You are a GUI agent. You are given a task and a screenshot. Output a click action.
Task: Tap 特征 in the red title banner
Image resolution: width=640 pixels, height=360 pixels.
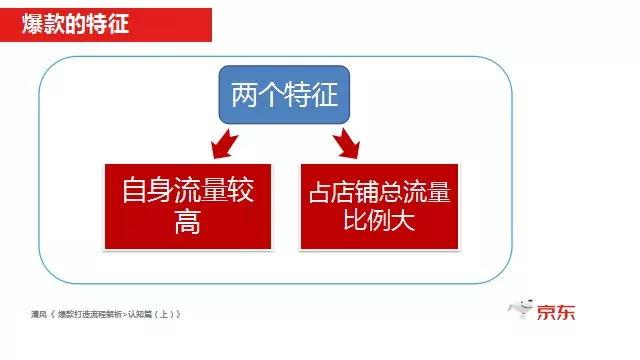(107, 21)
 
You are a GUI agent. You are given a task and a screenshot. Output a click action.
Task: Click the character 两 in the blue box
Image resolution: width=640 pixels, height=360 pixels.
(244, 96)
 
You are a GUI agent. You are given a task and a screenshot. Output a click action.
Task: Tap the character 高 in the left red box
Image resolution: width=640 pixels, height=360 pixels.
(187, 222)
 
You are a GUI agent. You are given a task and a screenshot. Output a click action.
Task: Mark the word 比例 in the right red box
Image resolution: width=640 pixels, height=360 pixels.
(367, 221)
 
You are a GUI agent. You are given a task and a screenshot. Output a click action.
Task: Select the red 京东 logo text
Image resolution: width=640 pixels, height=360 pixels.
(556, 312)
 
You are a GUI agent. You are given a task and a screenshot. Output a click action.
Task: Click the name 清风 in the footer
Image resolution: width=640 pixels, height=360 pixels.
(39, 314)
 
